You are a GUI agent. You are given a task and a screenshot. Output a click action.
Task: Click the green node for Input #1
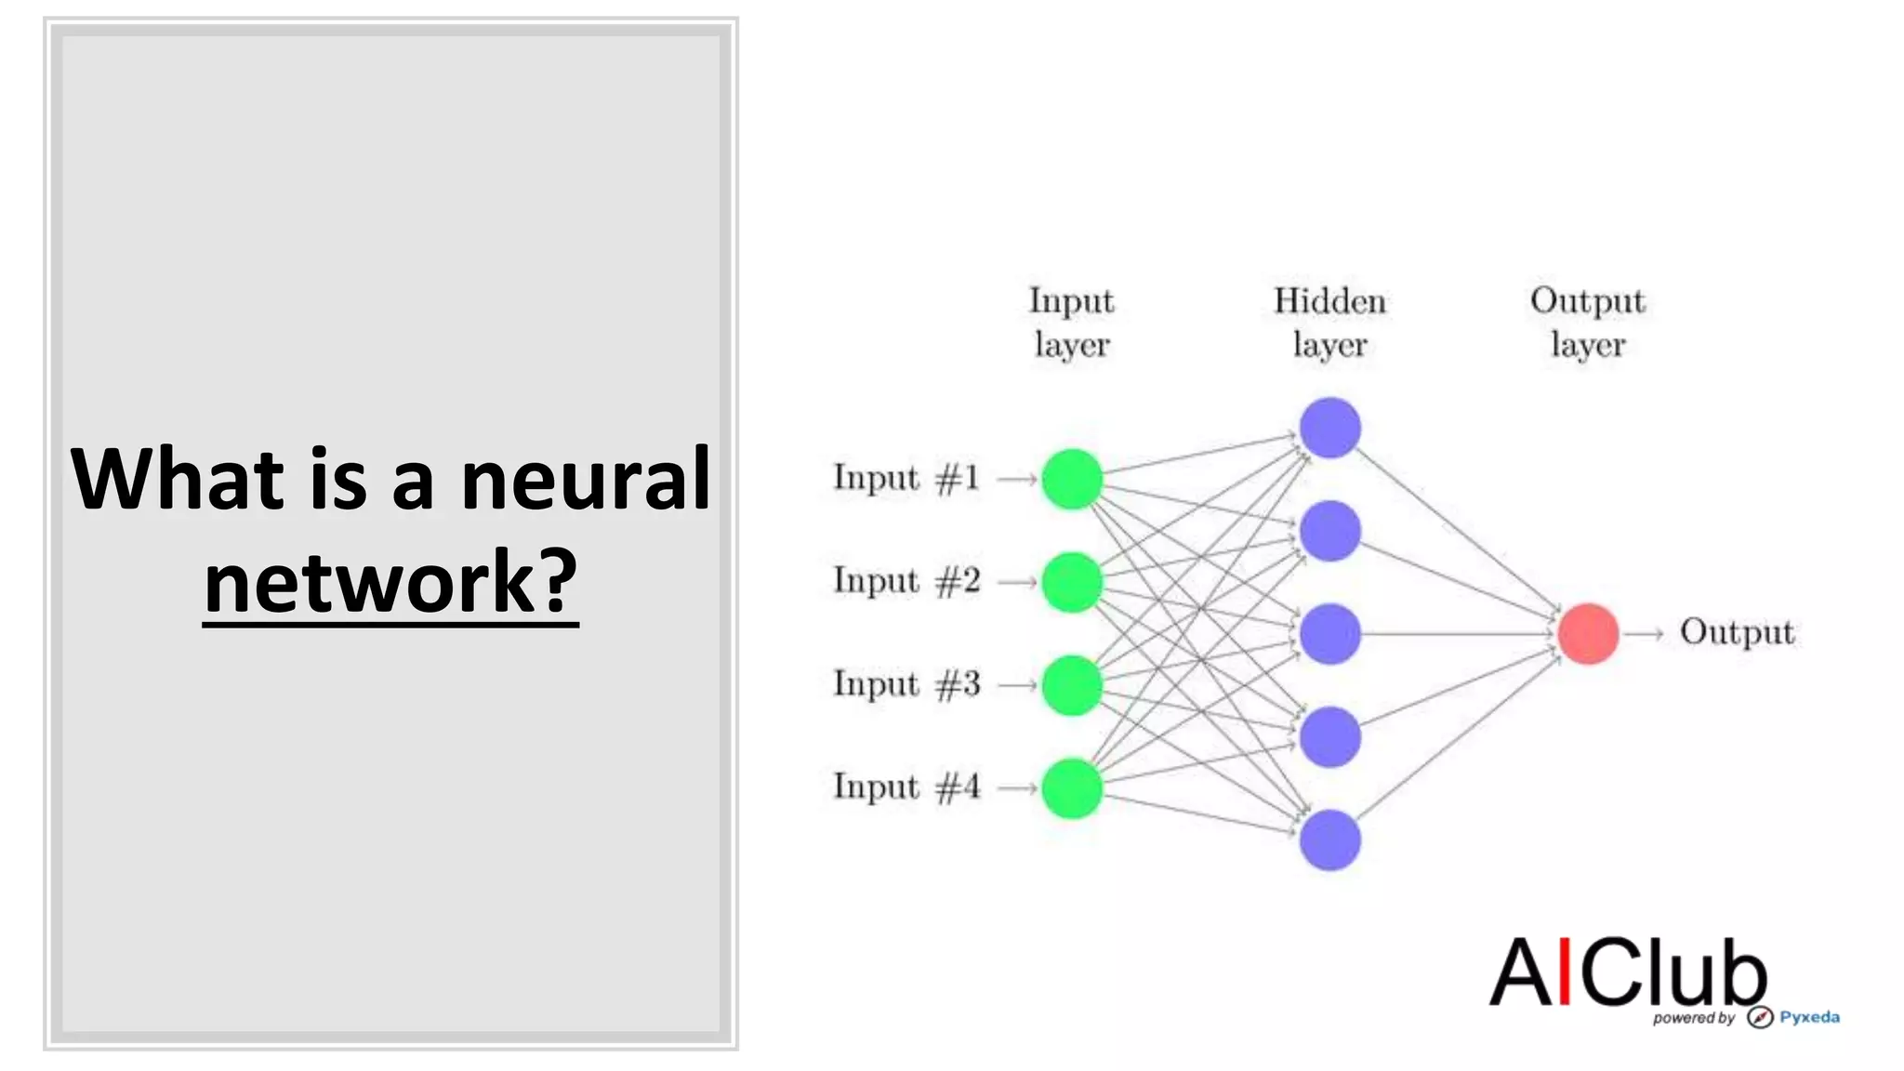pos(1072,479)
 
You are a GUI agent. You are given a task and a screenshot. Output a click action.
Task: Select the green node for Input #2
pos(1072,582)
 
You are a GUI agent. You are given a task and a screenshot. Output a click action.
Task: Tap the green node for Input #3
pos(1072,685)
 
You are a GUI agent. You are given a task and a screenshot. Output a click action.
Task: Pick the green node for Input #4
pos(1072,788)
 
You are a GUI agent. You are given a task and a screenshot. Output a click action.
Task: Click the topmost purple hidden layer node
pos(1329,428)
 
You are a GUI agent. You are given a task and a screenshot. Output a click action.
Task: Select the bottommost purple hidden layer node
pos(1329,840)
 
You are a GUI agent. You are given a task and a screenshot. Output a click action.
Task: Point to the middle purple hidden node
pos(1329,634)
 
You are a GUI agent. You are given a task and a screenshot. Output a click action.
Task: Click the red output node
pos(1588,634)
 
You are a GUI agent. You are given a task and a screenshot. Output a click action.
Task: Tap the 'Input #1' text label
pos(906,479)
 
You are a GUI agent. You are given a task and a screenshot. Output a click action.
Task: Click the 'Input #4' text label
pos(906,787)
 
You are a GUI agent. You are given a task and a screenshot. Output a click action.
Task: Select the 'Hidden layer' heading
pos(1329,322)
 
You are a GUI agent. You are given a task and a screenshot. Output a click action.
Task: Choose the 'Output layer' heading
pos(1588,322)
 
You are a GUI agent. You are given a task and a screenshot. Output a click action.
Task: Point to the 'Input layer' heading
pos(1072,322)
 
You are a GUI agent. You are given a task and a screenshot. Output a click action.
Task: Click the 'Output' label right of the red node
pos(1737,632)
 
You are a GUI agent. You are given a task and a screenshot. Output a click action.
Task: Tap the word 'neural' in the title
pos(586,480)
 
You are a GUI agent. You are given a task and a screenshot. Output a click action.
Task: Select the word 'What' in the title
pos(177,480)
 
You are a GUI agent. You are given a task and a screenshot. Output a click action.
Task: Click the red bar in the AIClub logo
pos(1565,972)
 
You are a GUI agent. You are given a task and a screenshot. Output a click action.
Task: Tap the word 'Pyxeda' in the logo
pos(1809,1017)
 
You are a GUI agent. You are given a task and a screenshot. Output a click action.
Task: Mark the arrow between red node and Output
pos(1644,634)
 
